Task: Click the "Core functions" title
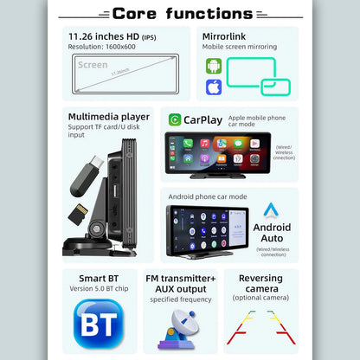coord(182,13)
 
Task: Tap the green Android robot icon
coord(214,66)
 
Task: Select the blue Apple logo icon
coord(214,87)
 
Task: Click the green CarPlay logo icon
coord(176,120)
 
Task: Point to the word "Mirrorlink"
coord(227,36)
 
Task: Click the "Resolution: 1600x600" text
coord(104,48)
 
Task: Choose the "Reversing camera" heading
coord(261,282)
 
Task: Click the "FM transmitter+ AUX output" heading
coord(180,282)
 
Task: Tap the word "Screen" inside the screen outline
coord(91,65)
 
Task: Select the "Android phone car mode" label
coord(208,196)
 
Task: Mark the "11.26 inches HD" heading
coord(103,36)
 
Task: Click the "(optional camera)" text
coord(261,298)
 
